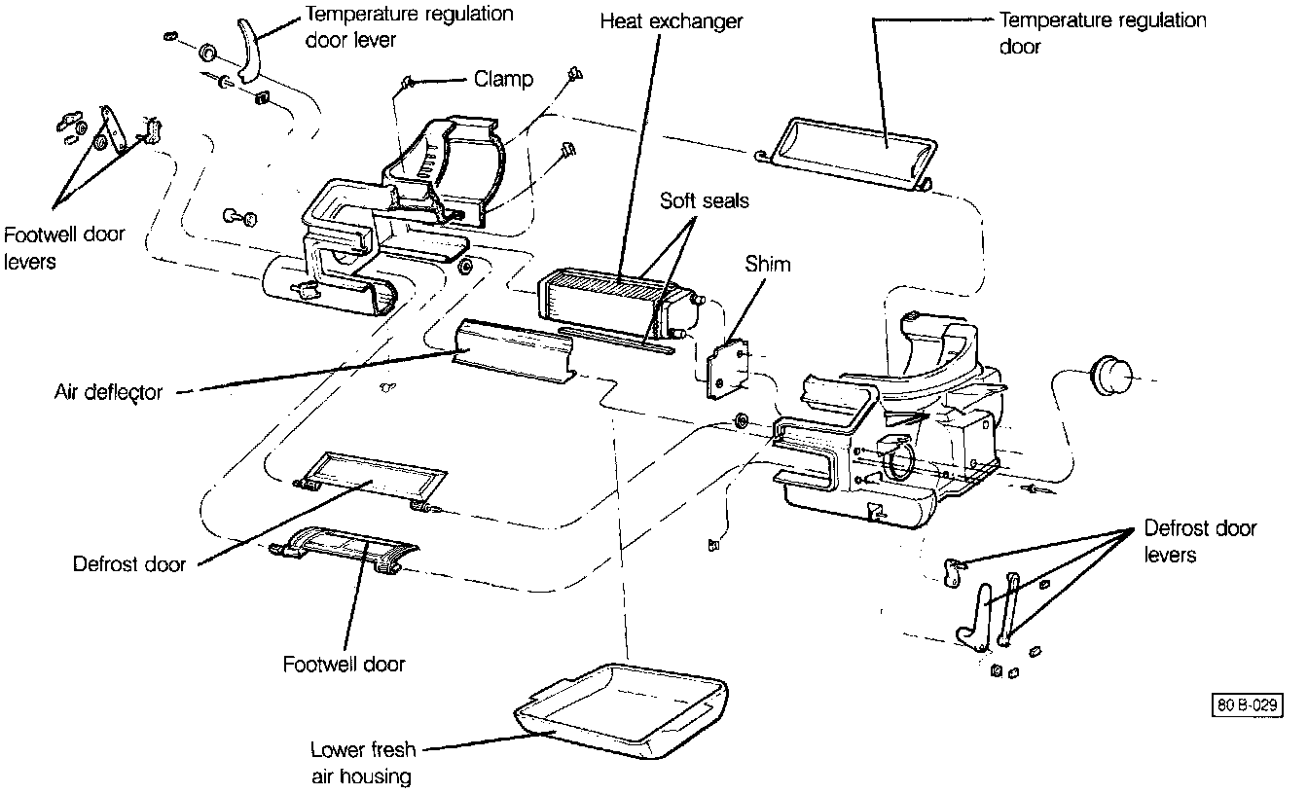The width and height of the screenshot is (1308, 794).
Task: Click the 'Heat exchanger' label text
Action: point(671,21)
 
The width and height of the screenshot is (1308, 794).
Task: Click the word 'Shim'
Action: point(768,264)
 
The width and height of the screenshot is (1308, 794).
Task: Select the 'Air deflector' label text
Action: point(108,392)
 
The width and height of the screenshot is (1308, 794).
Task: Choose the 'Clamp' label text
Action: point(503,79)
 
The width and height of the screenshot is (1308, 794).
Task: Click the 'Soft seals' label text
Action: point(705,201)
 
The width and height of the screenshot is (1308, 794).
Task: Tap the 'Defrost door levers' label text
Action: point(1200,542)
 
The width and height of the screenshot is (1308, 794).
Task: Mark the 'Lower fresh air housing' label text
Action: point(362,762)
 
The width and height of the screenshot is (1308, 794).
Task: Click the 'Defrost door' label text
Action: point(129,564)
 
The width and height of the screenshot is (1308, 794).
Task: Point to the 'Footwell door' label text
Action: point(344,665)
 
